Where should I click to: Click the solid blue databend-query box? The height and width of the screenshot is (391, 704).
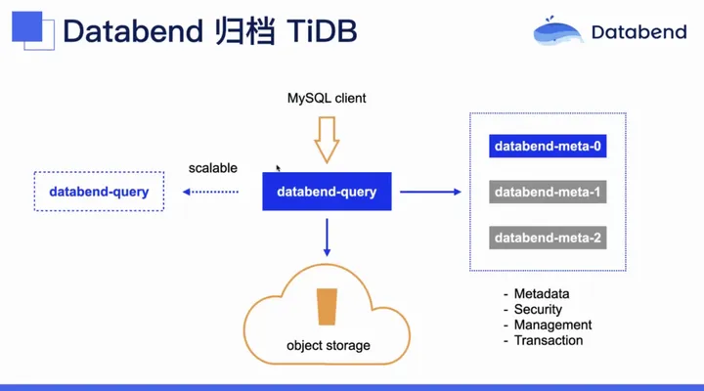point(327,192)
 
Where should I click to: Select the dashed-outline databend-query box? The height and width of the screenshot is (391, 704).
point(99,192)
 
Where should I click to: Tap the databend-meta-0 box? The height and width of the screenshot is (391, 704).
point(548,146)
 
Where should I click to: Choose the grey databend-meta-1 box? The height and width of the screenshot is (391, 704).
point(548,192)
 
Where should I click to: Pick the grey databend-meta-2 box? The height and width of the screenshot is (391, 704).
point(548,238)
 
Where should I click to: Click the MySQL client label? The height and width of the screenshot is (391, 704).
point(327,98)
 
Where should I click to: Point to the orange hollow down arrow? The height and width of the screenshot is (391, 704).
point(327,140)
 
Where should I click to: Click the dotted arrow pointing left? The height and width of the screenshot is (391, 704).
point(210,192)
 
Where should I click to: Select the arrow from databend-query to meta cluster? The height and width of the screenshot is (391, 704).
point(430,192)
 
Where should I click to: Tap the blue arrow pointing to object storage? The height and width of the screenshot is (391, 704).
point(327,238)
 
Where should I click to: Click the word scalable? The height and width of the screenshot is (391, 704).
point(213,168)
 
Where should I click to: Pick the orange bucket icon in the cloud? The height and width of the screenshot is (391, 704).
point(327,307)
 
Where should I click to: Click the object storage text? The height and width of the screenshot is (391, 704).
point(329,345)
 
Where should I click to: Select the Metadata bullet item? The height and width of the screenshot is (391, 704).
point(537,293)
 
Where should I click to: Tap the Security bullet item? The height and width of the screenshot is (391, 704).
point(533,309)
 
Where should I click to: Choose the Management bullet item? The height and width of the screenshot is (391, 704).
point(548,325)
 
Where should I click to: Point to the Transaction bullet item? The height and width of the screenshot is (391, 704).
point(544,340)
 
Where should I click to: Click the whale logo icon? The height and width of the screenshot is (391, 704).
point(557,31)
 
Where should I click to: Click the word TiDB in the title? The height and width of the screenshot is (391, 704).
point(322,31)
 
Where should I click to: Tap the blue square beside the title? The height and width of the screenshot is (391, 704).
point(27,26)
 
